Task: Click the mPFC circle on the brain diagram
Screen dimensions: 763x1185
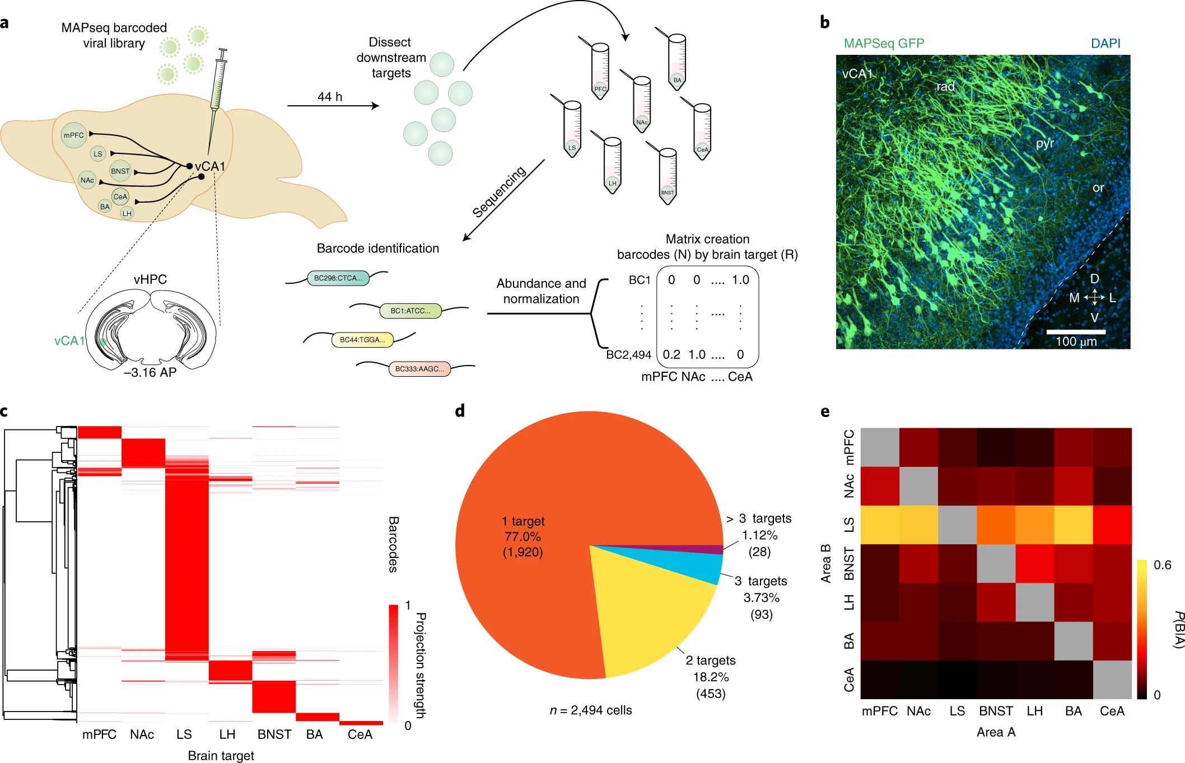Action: coord(73,135)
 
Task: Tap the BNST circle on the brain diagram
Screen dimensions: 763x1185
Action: coord(120,171)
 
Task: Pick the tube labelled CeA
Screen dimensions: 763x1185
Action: coord(702,132)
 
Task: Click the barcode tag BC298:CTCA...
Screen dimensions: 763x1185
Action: coord(338,278)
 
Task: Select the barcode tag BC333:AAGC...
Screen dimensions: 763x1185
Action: coord(419,369)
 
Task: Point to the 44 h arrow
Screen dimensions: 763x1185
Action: coord(333,105)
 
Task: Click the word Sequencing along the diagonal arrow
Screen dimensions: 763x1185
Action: coord(498,191)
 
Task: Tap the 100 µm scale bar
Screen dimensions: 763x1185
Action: coord(1076,332)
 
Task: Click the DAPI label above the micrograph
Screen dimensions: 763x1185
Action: coord(1105,44)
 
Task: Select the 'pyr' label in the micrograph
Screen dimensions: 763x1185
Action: coord(1044,143)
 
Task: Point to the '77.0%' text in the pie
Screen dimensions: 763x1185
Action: coord(522,537)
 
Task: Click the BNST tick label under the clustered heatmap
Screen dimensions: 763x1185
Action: coord(274,734)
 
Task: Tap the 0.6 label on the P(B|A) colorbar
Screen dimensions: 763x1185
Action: coord(1162,565)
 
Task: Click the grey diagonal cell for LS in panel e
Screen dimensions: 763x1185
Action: coord(957,525)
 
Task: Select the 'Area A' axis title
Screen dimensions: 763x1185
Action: coord(996,732)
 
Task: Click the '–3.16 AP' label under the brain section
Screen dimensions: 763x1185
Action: coord(150,373)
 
